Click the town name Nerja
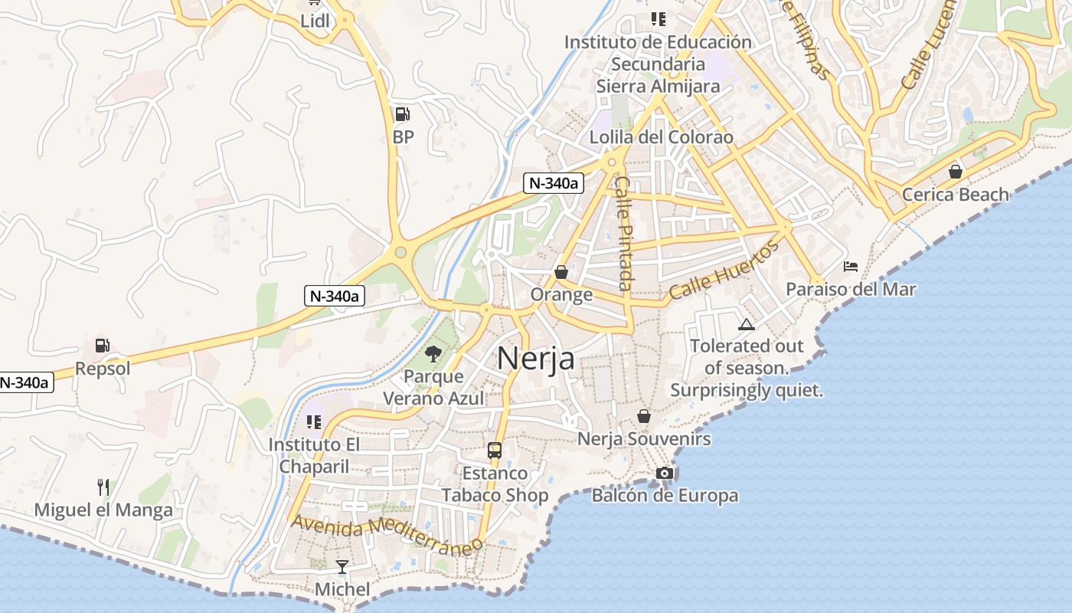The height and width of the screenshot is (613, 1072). (536, 358)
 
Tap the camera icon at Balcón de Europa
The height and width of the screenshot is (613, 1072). (665, 474)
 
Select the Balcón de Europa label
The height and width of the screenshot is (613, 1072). (665, 496)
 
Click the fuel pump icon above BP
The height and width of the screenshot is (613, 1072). (402, 115)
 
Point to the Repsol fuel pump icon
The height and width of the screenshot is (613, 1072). (103, 346)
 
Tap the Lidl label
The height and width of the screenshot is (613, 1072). (315, 21)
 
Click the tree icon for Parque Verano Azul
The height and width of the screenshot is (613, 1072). (433, 353)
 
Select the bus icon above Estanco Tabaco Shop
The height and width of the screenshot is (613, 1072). (495, 451)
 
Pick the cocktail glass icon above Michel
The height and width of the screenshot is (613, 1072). (342, 567)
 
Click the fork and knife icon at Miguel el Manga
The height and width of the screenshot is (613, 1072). (103, 487)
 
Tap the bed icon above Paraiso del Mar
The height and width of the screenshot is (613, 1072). (850, 267)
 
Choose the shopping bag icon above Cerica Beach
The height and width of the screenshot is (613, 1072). (955, 172)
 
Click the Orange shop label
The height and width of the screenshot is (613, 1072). (561, 294)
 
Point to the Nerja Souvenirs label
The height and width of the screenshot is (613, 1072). (644, 439)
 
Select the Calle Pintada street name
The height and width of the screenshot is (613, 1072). (625, 233)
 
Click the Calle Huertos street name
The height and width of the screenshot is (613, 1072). (724, 270)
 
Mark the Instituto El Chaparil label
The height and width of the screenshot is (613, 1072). (314, 455)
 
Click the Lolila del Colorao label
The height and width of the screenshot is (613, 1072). (661, 137)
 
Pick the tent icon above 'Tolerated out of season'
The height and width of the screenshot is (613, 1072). (747, 324)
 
